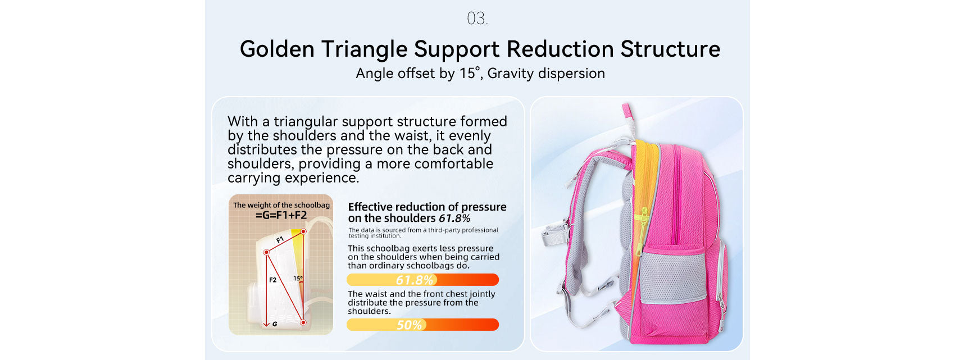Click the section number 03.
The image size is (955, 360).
pos(477,19)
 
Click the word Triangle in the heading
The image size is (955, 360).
pos(364,49)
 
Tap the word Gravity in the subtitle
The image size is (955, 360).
pos(510,73)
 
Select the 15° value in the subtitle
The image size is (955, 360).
pos(469,73)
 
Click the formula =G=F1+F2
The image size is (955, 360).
pos(281,215)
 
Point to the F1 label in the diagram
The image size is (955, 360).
pos(280,240)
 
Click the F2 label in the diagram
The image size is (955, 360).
pos(273,280)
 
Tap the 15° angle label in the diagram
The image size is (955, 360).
pos(298,278)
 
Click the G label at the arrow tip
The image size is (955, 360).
pos(275,324)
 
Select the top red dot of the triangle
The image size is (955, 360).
pos(303,231)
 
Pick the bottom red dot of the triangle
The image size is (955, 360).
pos(303,322)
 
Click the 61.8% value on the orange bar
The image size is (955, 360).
pos(415,280)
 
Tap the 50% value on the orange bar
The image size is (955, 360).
pos(410,325)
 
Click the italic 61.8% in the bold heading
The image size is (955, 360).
pos(454,218)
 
